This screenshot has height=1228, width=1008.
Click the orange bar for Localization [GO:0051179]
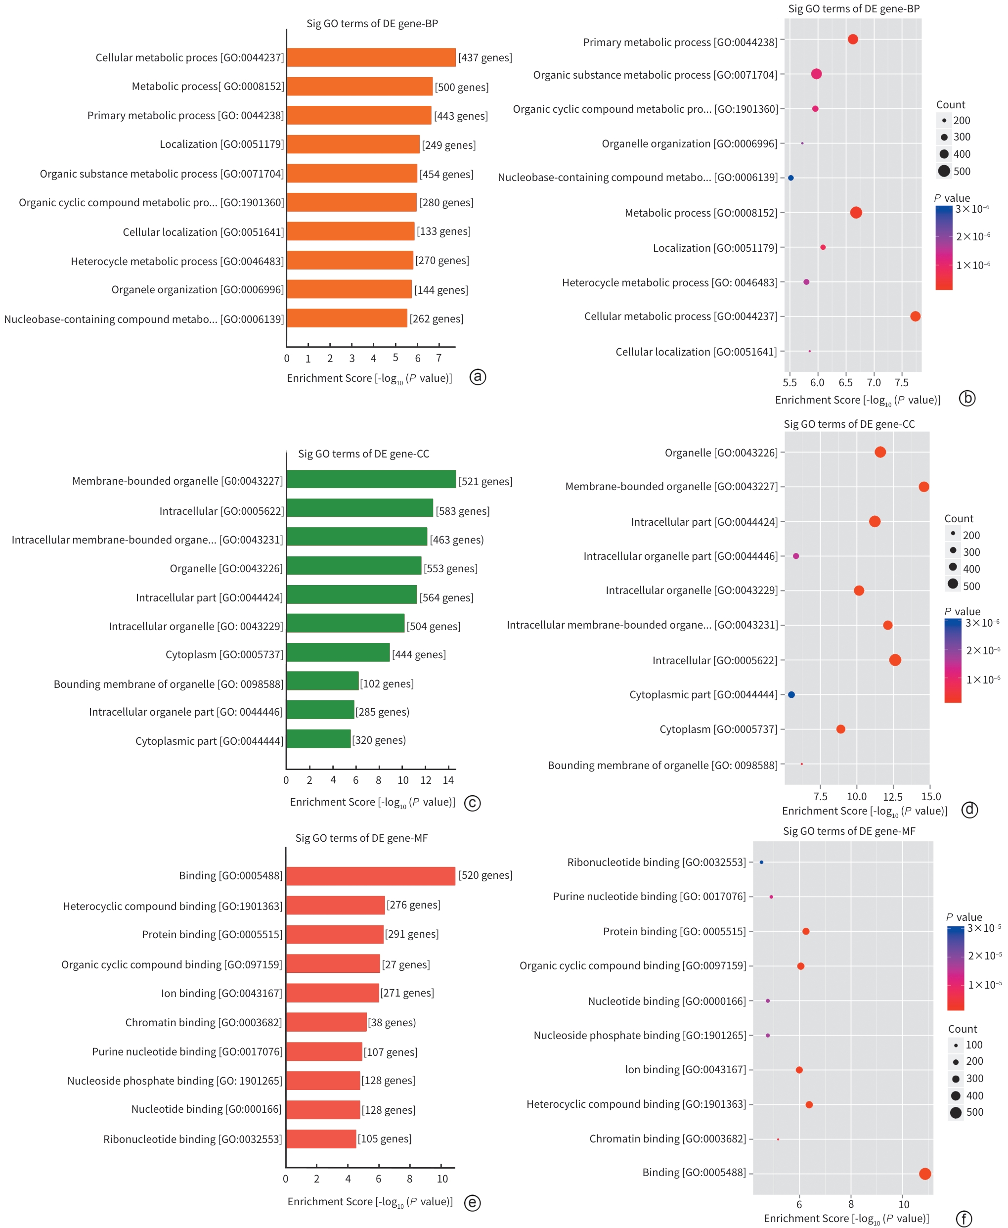point(353,144)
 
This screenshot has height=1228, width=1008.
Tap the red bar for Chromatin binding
point(326,1022)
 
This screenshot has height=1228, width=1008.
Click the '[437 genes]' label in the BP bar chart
point(485,57)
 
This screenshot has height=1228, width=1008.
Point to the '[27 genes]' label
point(406,964)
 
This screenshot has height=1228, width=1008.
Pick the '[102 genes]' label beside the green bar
point(387,683)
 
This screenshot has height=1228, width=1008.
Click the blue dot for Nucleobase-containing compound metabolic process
point(791,178)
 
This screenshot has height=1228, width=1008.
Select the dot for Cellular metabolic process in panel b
point(915,316)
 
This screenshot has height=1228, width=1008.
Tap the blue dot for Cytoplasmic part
point(791,695)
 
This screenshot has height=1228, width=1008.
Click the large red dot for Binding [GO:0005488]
point(925,1174)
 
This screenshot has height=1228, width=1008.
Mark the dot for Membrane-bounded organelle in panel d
point(924,487)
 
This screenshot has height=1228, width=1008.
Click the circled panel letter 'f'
point(964,1218)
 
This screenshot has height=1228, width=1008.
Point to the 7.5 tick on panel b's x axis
point(901,382)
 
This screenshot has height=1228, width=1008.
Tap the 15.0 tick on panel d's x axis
point(931,796)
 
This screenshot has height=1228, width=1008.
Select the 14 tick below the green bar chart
point(448,780)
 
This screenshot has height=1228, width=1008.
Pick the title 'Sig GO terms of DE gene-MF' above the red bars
point(361,838)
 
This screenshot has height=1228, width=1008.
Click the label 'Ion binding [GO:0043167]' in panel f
point(685,1069)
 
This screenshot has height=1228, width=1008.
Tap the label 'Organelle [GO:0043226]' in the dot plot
point(721,453)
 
